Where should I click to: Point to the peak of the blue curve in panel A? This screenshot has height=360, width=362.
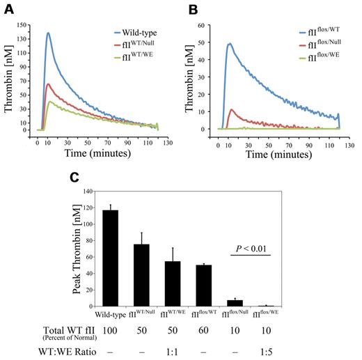point(48,33)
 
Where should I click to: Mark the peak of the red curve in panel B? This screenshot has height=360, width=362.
point(230,109)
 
